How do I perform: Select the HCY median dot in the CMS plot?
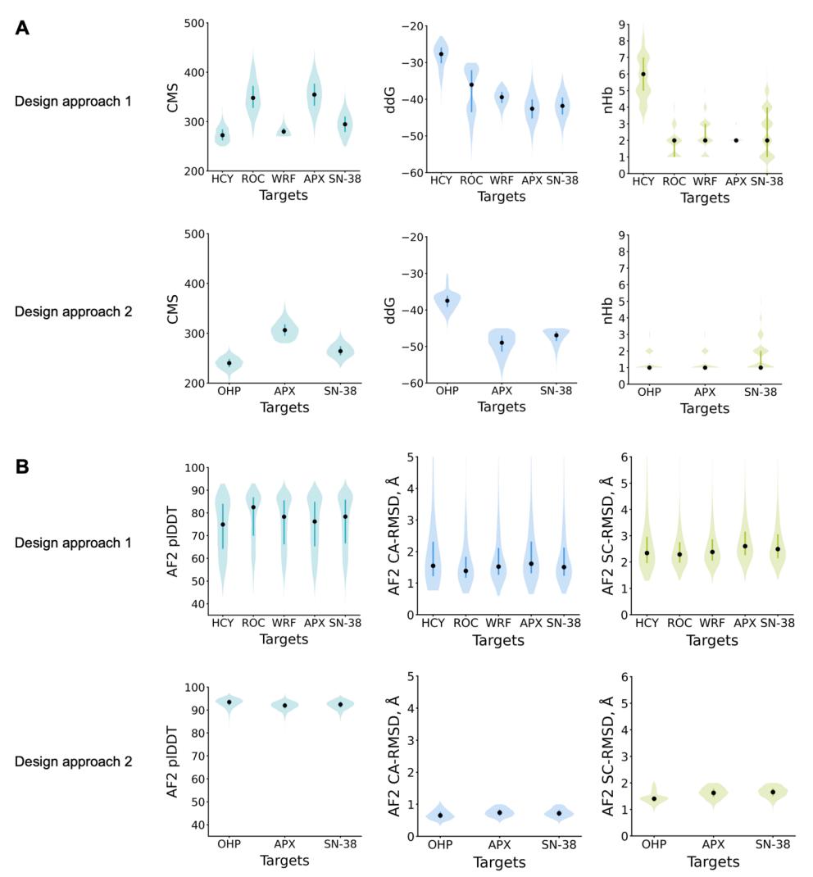click(223, 135)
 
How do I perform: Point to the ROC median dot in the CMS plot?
click(253, 98)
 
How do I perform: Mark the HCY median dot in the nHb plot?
click(643, 74)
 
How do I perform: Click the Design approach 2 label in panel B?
click(73, 761)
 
